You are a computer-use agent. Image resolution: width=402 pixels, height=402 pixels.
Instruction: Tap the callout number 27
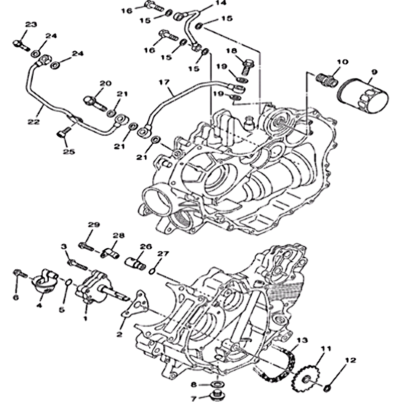tap(164, 253)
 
